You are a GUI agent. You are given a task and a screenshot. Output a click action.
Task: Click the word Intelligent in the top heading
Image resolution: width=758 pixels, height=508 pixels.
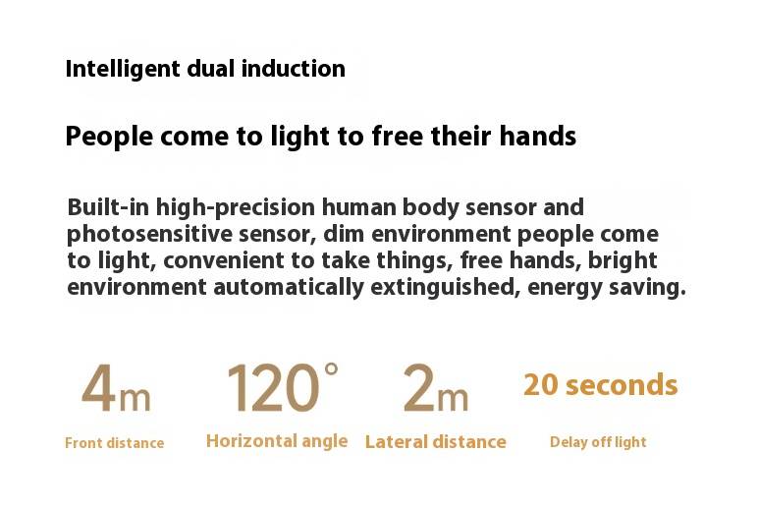pyautogui.click(x=123, y=69)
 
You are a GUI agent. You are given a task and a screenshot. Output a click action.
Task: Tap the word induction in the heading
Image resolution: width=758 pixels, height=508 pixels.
pyautogui.click(x=293, y=68)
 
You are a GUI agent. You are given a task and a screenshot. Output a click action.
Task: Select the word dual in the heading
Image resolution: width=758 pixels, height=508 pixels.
pyautogui.click(x=211, y=68)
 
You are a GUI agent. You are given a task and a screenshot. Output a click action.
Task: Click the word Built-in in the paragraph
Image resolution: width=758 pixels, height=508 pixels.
pyautogui.click(x=108, y=207)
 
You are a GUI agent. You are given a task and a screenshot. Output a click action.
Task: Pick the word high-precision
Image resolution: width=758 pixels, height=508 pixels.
pyautogui.click(x=236, y=208)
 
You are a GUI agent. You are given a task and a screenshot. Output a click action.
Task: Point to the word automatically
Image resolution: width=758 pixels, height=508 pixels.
pyautogui.click(x=288, y=288)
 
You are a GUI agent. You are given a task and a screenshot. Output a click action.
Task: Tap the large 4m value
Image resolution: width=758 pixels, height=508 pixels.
pyautogui.click(x=116, y=388)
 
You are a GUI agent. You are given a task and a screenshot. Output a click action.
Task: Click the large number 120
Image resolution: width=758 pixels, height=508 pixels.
pyautogui.click(x=273, y=388)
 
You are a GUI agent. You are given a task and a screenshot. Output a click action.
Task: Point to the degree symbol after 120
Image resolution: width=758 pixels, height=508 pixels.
pyautogui.click(x=331, y=369)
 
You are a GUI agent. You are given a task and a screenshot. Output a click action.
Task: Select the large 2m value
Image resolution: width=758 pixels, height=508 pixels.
pyautogui.click(x=436, y=388)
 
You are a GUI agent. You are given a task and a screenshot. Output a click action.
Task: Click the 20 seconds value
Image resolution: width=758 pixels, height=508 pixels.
pyautogui.click(x=600, y=385)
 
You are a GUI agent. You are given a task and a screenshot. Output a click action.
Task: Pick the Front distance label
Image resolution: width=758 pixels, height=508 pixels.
pyautogui.click(x=115, y=443)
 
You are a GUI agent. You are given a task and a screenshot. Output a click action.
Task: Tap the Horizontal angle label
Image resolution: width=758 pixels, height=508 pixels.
pyautogui.click(x=277, y=441)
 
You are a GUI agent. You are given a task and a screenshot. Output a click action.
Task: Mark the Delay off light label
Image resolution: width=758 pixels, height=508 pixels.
pyautogui.click(x=598, y=442)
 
